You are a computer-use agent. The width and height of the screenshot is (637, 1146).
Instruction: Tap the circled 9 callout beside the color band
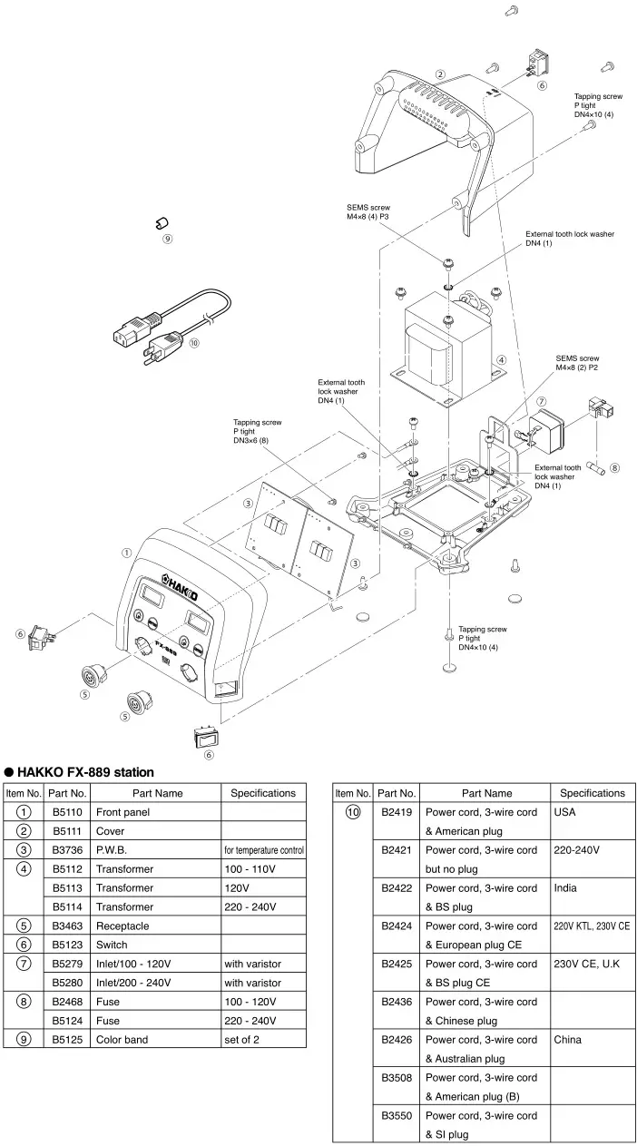click(167, 240)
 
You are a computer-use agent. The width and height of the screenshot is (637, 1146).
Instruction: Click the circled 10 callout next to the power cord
click(193, 343)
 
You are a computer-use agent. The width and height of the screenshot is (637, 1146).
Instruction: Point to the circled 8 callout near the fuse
click(614, 468)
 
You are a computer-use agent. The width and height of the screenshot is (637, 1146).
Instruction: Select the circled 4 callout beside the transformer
click(501, 359)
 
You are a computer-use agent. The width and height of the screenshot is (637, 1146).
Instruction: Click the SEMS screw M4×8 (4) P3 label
click(367, 212)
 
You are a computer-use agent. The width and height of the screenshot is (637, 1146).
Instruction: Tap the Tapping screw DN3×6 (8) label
click(257, 431)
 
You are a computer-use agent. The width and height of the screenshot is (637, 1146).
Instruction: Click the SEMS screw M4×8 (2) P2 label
click(577, 363)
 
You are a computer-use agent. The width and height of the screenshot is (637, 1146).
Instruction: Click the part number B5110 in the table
click(67, 812)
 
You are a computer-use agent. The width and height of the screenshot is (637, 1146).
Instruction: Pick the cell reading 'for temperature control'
click(263, 850)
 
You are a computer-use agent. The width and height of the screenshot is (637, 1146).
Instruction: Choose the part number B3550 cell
click(397, 1116)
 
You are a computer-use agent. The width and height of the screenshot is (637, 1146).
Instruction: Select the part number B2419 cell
click(397, 812)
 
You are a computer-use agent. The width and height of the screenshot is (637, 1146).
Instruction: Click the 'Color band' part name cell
click(122, 1040)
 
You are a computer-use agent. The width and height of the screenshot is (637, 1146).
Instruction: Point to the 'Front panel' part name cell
click(122, 812)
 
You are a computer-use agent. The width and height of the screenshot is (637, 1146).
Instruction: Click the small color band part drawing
click(161, 222)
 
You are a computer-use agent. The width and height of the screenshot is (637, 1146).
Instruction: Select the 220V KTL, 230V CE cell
click(592, 926)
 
